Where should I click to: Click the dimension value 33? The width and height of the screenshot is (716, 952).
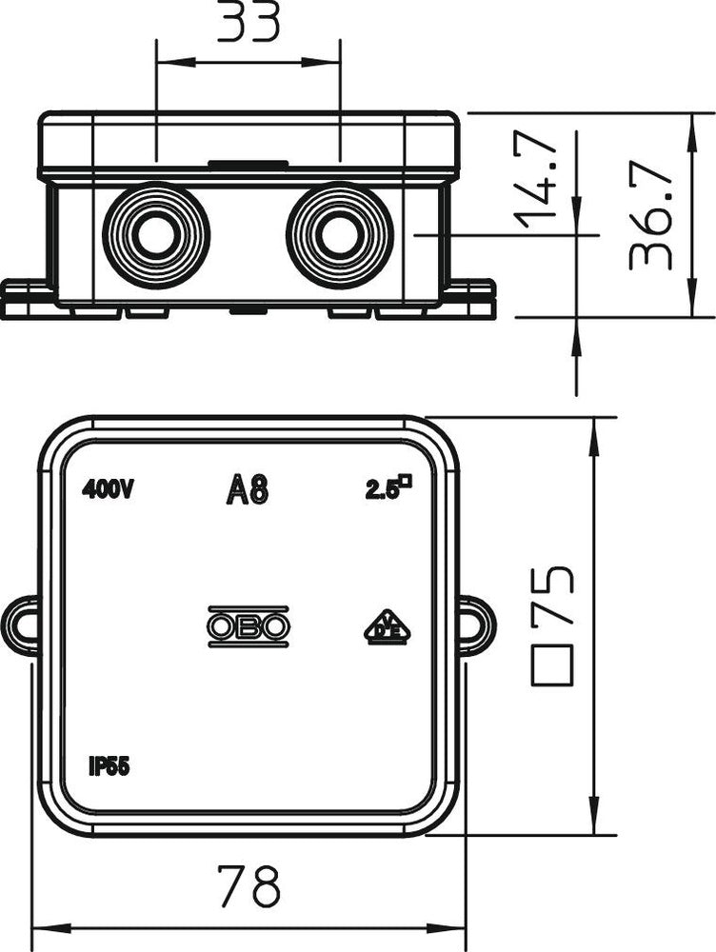pos(249,23)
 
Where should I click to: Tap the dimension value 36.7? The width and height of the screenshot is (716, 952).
pos(652,213)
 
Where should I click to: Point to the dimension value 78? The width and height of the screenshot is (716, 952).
pos(249,885)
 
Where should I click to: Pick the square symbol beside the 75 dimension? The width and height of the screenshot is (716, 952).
pos(552,664)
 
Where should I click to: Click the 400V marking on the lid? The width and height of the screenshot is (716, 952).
pos(108,490)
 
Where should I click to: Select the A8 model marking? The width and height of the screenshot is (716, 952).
pos(248,490)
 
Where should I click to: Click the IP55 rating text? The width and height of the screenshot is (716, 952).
pos(109,768)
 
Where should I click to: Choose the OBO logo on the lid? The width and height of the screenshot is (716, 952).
pos(248,626)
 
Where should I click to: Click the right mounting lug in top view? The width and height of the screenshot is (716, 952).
pos(476,625)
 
